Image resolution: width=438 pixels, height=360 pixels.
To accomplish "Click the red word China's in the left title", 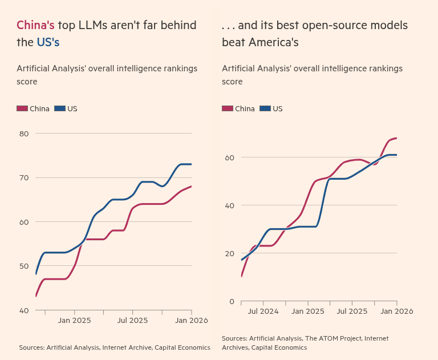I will (35, 25).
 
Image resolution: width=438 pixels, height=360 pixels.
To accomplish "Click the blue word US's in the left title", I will (48, 42).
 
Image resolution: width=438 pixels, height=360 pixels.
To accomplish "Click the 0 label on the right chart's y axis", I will (232, 301).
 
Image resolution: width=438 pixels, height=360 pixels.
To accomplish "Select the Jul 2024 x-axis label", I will (263, 312).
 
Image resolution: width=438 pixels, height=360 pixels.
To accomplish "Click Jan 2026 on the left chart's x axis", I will (191, 321).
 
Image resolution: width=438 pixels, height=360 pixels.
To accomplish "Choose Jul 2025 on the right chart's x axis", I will (352, 312).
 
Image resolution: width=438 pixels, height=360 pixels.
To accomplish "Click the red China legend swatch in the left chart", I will (22, 108).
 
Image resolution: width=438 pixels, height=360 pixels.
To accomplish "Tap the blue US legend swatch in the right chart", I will (265, 108).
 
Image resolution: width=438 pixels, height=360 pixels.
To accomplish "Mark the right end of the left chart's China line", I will (191, 186).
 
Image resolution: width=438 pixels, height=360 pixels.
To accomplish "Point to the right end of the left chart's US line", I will (191, 164).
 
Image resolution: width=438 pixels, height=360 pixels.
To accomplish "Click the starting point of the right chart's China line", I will (242, 277).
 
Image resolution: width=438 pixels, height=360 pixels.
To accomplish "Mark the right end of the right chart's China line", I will (396, 138).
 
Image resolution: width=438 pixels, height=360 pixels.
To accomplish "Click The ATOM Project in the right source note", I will (334, 338).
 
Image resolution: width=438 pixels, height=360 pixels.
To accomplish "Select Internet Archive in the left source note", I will (125, 347).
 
